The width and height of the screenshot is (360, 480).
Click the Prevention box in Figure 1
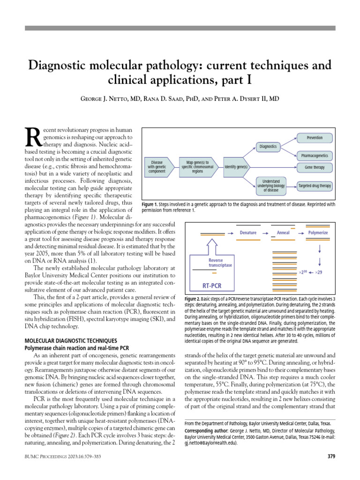315,138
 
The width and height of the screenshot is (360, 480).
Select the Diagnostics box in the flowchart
268,147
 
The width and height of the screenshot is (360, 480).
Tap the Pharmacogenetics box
315,155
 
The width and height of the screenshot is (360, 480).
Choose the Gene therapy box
315,167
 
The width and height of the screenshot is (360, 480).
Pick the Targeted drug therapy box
315,186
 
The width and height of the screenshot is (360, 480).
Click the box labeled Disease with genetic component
157,166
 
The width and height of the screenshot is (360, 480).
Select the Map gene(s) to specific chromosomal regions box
197,166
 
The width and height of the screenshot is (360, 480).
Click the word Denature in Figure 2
248,232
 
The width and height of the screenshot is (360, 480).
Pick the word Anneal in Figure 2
283,232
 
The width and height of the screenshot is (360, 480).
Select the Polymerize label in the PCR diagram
318,232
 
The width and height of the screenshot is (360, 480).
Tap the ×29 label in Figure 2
318,272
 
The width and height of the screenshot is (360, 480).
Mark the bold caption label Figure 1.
150,204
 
